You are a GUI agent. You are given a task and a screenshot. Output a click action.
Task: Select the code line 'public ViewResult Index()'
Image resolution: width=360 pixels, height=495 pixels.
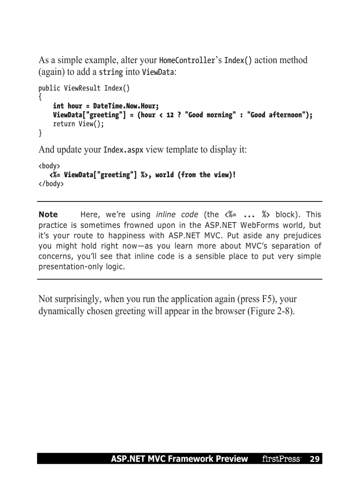[84, 88]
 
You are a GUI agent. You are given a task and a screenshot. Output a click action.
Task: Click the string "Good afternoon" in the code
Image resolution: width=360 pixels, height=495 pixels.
[278, 115]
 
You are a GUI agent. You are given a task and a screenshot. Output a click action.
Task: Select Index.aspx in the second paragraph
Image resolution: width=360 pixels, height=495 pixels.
[123, 150]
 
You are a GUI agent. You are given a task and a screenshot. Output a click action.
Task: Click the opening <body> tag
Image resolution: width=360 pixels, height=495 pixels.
[49, 166]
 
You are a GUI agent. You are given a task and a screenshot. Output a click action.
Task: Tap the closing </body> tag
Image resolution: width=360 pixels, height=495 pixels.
[51, 184]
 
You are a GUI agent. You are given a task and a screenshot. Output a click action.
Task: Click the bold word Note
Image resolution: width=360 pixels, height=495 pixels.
[48, 215]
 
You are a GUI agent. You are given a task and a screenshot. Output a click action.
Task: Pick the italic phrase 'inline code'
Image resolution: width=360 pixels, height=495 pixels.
[177, 215]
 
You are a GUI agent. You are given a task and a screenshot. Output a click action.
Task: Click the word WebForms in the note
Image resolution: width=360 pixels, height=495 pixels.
[259, 225]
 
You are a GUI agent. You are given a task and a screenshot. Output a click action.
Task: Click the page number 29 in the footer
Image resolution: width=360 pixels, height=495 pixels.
[314, 459]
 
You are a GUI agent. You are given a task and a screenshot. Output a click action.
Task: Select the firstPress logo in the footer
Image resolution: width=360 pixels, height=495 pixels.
[281, 459]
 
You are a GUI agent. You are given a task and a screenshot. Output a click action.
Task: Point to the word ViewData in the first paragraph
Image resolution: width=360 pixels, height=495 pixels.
[158, 72]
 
